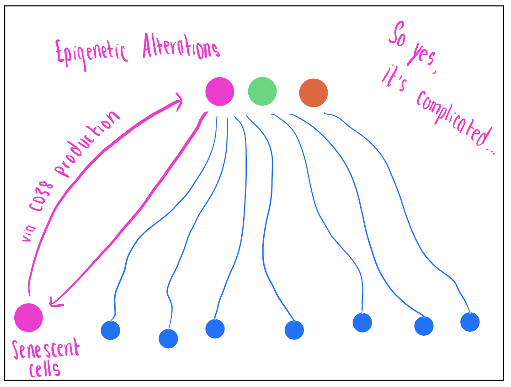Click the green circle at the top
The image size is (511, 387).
point(262,91)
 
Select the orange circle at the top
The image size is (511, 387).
point(314,93)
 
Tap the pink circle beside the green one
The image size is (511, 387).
point(220,91)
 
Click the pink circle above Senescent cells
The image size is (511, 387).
point(28,317)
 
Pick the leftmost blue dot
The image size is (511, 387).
point(110,330)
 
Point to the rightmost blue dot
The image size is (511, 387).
point(470,322)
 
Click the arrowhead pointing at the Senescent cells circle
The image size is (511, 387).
point(54,300)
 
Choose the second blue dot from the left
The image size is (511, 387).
point(168,339)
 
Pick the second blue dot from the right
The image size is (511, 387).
point(424,326)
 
